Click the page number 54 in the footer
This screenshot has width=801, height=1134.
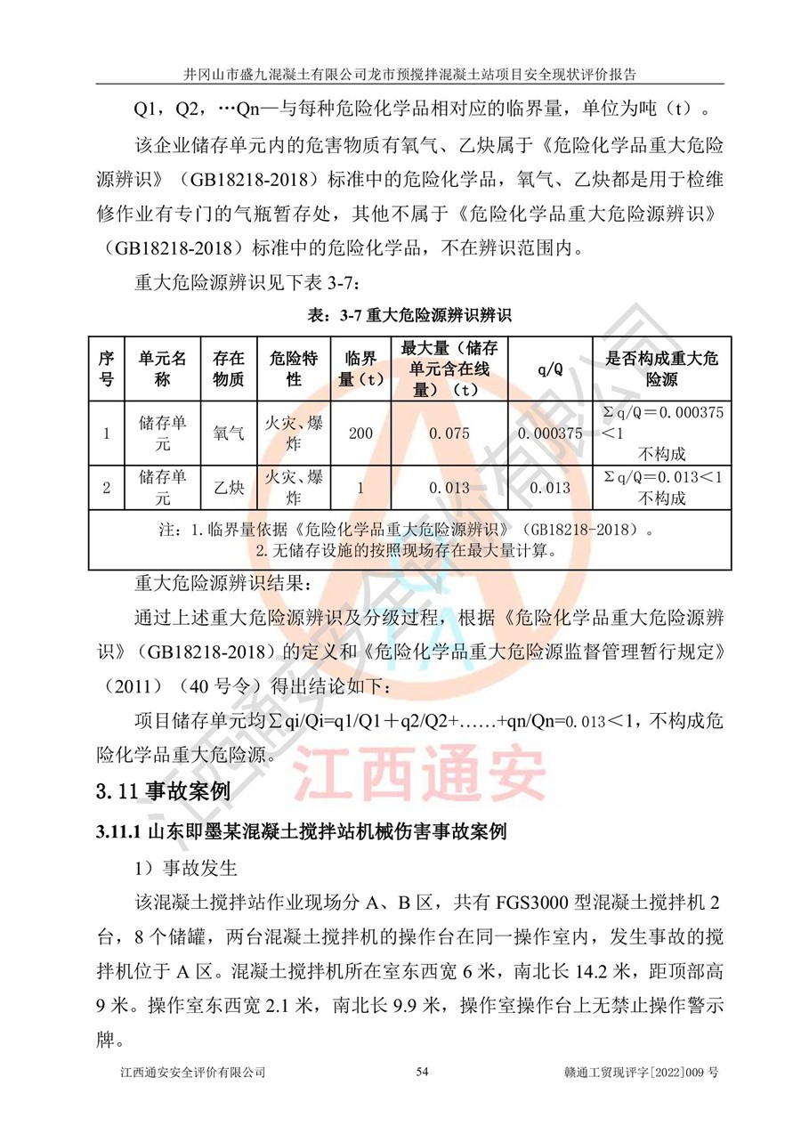pyautogui.click(x=422, y=1098)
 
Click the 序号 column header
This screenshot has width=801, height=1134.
pyautogui.click(x=106, y=369)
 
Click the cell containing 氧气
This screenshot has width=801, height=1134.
pyautogui.click(x=229, y=433)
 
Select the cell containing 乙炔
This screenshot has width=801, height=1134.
pyautogui.click(x=229, y=488)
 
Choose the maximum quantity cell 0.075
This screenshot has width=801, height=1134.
pyautogui.click(x=449, y=433)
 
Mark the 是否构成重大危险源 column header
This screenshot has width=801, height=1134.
pyautogui.click(x=662, y=369)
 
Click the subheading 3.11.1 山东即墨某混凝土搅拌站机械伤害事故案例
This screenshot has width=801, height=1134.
pyautogui.click(x=301, y=833)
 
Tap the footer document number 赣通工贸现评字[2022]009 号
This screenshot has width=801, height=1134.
pyautogui.click(x=641, y=1098)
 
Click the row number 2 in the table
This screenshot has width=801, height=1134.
pyautogui.click(x=106, y=488)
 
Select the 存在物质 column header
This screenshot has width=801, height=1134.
pyautogui.click(x=229, y=369)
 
